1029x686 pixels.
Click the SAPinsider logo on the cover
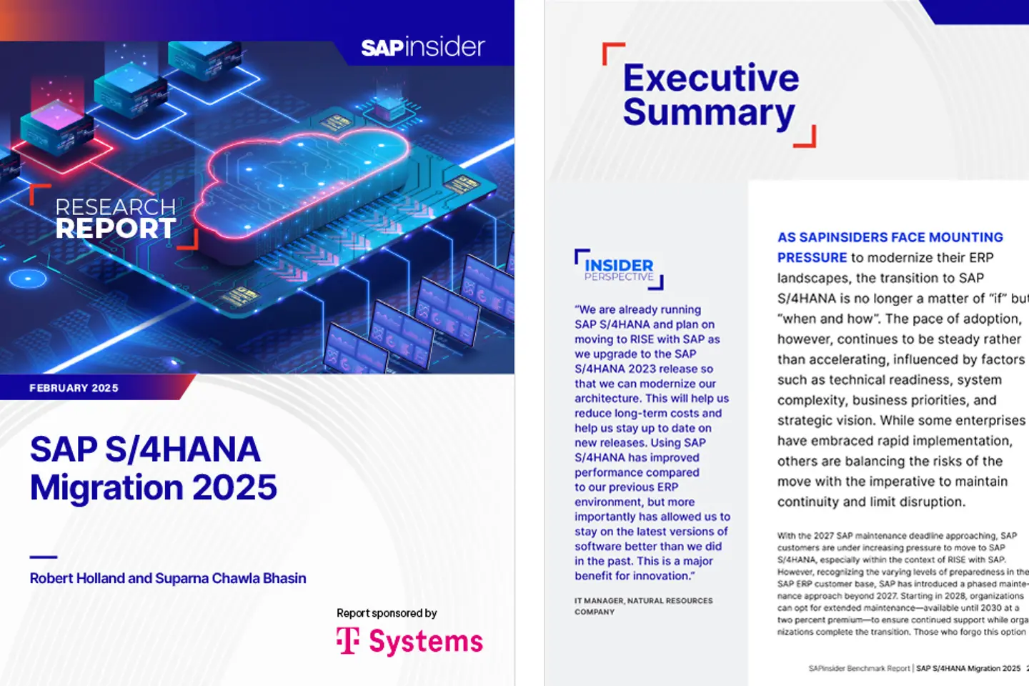pyautogui.click(x=422, y=48)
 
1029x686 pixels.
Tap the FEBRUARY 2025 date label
pyautogui.click(x=74, y=388)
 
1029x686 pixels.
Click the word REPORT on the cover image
pyautogui.click(x=116, y=229)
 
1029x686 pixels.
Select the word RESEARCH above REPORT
pyautogui.click(x=116, y=207)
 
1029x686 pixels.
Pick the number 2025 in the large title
pyautogui.click(x=235, y=488)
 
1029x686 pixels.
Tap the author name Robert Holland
pyautogui.click(x=76, y=578)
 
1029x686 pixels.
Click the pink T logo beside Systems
pyautogui.click(x=348, y=641)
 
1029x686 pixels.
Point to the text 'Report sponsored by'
pyautogui.click(x=387, y=613)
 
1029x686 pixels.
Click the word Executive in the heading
pyautogui.click(x=711, y=78)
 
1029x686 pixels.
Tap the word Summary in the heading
pyautogui.click(x=708, y=113)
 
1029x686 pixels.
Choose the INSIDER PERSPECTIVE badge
pyautogui.click(x=619, y=269)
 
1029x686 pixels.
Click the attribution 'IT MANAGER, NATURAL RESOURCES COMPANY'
pyautogui.click(x=643, y=606)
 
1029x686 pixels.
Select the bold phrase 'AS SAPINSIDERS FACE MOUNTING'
pyautogui.click(x=890, y=237)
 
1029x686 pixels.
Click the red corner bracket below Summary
pyautogui.click(x=807, y=139)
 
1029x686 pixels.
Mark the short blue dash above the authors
pyautogui.click(x=43, y=557)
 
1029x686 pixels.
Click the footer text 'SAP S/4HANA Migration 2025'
pyautogui.click(x=968, y=669)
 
